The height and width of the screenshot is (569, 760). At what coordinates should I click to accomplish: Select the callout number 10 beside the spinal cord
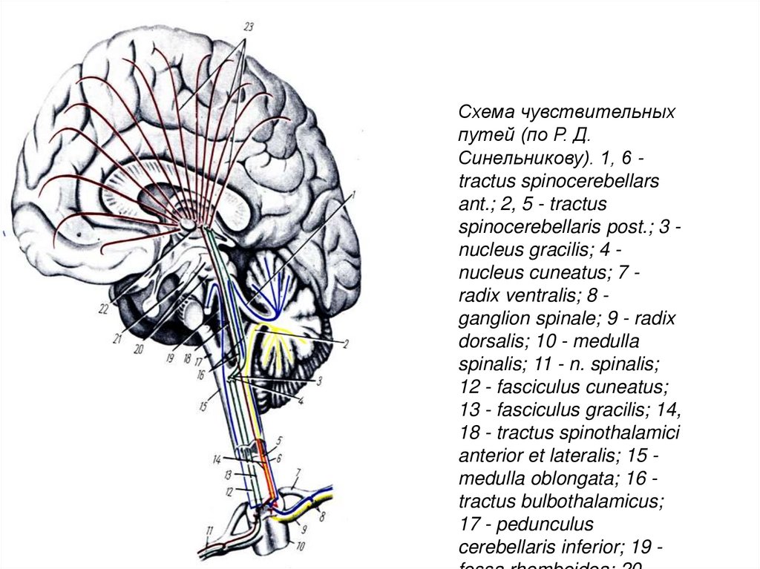point(300,548)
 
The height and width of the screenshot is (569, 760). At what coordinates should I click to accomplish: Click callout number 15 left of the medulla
point(203,407)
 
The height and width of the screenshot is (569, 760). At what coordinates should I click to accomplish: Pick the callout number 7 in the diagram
point(298,472)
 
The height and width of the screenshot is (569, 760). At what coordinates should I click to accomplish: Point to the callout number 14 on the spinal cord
point(217,458)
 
